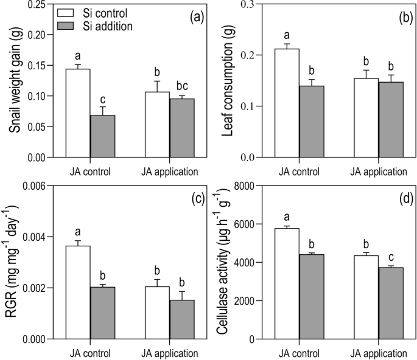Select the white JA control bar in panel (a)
(x=78, y=113)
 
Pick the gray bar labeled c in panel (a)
(x=103, y=136)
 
